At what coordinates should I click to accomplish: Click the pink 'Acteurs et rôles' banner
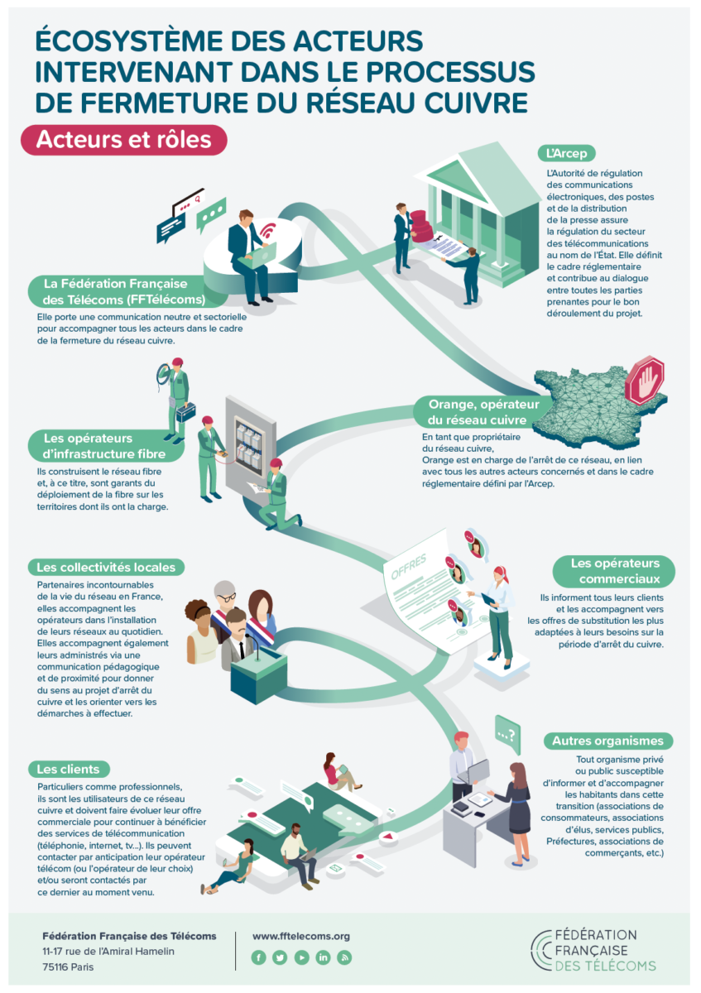(x=123, y=140)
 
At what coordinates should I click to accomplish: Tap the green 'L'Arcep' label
(x=566, y=153)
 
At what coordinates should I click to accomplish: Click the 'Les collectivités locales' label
(x=106, y=567)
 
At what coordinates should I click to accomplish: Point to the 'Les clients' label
(x=69, y=769)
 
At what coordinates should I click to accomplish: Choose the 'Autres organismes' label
(x=607, y=741)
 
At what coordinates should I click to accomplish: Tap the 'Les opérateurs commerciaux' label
(x=614, y=571)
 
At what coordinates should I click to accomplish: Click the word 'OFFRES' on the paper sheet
(x=408, y=567)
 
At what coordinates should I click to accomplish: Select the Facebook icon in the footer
(x=258, y=957)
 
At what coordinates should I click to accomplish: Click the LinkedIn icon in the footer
(x=323, y=957)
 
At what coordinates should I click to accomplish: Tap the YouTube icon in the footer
(x=301, y=957)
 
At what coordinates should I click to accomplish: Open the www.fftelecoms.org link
(x=301, y=936)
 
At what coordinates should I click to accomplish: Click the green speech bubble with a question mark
(x=507, y=735)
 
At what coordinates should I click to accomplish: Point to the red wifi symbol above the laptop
(x=268, y=231)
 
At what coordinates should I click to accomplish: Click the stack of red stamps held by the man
(x=420, y=226)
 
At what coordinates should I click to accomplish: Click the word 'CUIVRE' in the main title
(x=476, y=103)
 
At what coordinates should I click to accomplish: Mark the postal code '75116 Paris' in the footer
(x=68, y=967)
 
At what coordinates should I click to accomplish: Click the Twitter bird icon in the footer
(x=280, y=957)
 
